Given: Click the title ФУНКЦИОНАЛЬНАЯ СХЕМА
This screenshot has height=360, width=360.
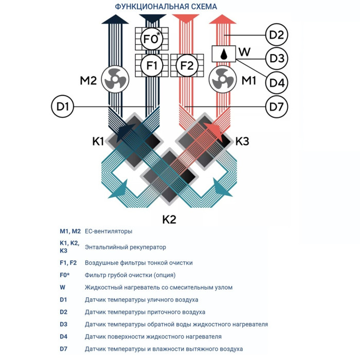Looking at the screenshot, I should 166,7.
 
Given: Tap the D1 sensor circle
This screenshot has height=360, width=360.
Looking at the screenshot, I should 63,107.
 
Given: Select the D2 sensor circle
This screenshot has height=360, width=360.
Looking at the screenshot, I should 277,35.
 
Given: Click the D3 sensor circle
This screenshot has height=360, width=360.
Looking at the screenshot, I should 277,58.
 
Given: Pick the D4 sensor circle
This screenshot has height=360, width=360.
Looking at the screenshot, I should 277,82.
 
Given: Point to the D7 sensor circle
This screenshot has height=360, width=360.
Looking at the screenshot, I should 277,107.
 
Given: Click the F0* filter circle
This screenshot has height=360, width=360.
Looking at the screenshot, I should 152,39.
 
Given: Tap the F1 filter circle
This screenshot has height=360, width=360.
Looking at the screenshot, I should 152,66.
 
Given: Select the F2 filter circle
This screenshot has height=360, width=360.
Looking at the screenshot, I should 187,66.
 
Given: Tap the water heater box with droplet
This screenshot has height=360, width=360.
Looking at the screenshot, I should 224,53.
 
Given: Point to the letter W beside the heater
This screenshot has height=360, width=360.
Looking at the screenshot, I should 245,52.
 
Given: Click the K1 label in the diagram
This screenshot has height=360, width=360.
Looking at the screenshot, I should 98,141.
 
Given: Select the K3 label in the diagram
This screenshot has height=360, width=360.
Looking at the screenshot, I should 242,141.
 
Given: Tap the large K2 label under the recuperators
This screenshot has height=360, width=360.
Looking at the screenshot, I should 169,220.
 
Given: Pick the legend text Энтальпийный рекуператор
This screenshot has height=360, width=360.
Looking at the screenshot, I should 122,247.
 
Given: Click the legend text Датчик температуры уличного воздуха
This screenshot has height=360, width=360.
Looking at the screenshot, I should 141,300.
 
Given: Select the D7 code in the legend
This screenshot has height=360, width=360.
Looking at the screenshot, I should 63,349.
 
